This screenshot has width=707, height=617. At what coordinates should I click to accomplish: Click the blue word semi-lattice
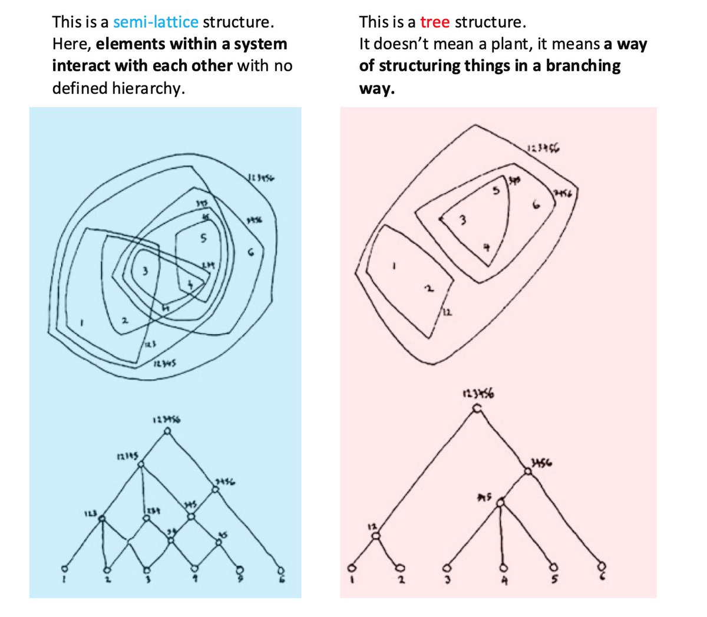[x=156, y=22]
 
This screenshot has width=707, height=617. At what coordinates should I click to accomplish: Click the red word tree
[x=435, y=22]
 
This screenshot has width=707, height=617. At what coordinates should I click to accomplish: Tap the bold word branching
[x=583, y=65]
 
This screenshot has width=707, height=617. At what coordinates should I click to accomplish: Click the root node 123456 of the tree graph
[x=477, y=408]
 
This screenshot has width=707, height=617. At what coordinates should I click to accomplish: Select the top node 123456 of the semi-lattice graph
[x=167, y=432]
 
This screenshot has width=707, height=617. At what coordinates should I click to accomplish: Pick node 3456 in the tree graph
[x=528, y=471]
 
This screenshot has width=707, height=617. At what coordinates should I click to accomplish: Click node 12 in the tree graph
[x=376, y=535]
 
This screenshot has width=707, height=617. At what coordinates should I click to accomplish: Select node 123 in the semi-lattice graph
[x=102, y=519]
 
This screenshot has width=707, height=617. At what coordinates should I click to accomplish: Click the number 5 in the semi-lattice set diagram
[x=203, y=239]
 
